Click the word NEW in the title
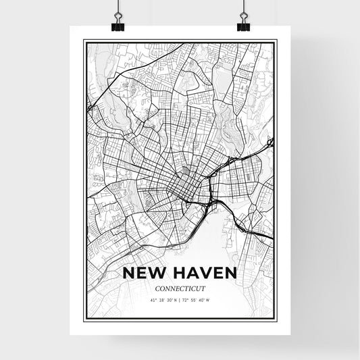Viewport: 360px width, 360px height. [x=143, y=274]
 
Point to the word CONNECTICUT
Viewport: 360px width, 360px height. [x=180, y=288]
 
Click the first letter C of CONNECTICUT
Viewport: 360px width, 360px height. [x=157, y=288]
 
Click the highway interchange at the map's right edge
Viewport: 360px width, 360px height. [x=269, y=143]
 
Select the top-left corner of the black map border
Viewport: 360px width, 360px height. [x=83, y=41]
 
